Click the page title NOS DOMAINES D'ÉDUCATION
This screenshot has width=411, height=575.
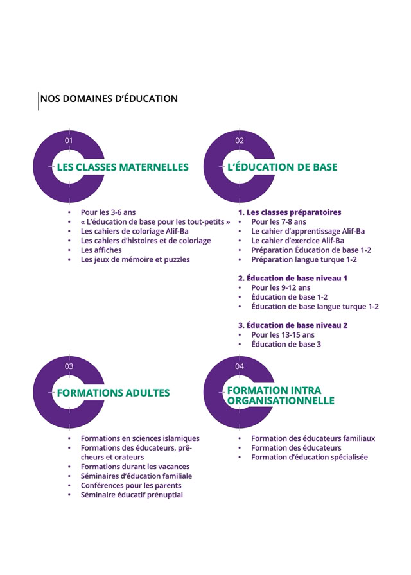pos(109,99)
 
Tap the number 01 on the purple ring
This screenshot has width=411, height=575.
pos(69,141)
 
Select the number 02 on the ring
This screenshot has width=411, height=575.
pos(240,141)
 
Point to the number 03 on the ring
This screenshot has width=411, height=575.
pos(69,366)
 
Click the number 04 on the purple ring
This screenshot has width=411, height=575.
pos(240,366)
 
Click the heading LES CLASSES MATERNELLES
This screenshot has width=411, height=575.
pos(123,167)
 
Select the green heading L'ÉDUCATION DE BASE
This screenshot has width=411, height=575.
pos(283,167)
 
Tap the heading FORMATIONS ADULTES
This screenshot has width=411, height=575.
pos(114,393)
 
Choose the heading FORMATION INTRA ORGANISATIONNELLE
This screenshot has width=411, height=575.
pos(281,395)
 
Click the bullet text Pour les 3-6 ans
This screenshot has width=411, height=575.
pos(108,212)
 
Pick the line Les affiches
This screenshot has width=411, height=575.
pos(101,250)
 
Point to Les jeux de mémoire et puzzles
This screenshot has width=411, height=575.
pos(135,260)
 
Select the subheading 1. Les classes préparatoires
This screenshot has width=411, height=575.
pos(290,212)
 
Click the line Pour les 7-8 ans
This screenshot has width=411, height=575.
pos(279,222)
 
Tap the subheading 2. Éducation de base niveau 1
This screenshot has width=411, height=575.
pos(293,279)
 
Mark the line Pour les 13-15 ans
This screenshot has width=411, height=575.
pos(283,335)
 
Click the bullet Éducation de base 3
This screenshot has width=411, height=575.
pos(286,345)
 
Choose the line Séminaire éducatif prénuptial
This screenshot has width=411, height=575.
pos(132,495)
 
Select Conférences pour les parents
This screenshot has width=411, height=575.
pos(131,486)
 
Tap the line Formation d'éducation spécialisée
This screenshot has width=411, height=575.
pos(310,458)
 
